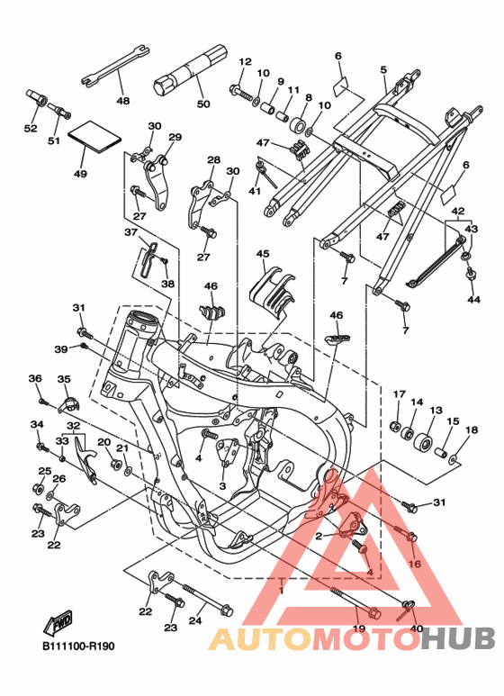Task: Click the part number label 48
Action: (x=123, y=101)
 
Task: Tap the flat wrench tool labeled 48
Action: (x=115, y=65)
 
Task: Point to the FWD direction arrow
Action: (x=58, y=623)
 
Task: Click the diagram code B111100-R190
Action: (x=78, y=646)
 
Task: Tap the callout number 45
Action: (x=263, y=253)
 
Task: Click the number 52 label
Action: (x=31, y=128)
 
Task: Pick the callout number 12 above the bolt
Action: (x=245, y=62)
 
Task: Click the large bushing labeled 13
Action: (x=422, y=442)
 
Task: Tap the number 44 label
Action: (x=473, y=300)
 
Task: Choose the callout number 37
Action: (x=130, y=232)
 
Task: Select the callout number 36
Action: (x=35, y=378)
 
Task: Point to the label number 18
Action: (x=472, y=429)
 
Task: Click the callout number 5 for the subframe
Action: (x=383, y=69)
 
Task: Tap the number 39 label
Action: (x=61, y=349)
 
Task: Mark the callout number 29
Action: (x=175, y=137)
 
